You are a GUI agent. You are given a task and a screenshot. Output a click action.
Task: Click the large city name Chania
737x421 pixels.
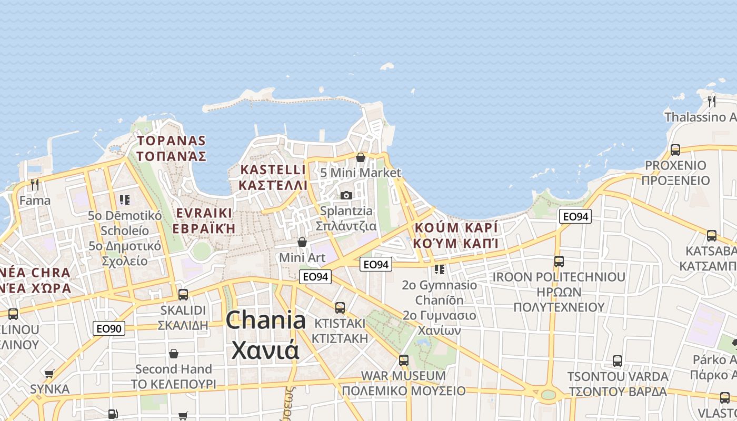265,320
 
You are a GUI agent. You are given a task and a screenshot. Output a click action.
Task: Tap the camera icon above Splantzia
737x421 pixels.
346,196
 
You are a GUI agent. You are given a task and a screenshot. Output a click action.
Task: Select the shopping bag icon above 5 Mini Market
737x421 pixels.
361,157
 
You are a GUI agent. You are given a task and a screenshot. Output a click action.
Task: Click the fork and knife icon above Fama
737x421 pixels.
35,184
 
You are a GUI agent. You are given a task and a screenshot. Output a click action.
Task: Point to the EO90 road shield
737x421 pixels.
109,329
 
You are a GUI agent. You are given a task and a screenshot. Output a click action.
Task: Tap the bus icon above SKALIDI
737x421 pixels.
183,295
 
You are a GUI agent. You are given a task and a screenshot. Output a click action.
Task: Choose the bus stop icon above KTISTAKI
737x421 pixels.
340,307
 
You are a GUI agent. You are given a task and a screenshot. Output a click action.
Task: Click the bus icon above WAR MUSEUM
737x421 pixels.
404,360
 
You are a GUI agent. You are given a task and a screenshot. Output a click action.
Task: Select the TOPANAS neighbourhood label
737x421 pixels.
171,141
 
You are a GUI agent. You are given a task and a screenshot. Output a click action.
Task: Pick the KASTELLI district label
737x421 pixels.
273,170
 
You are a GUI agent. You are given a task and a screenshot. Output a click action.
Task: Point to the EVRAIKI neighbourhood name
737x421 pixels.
204,213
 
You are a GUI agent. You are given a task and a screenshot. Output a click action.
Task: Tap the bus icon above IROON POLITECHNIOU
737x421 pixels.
559,262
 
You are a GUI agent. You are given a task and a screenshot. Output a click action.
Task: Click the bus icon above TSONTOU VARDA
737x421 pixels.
618,362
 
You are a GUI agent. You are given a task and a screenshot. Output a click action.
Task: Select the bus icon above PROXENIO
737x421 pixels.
675,150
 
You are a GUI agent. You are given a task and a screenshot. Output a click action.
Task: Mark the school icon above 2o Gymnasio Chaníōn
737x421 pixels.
440,269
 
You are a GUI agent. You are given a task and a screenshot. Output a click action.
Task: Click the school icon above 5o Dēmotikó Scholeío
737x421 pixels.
125,200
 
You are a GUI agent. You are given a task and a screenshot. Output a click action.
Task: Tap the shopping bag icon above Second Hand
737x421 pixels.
173,354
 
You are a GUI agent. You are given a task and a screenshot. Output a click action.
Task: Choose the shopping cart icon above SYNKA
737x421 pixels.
49,374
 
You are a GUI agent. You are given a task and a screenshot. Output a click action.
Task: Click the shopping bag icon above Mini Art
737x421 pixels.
302,242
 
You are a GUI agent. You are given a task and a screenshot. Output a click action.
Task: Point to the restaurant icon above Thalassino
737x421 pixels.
712,101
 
